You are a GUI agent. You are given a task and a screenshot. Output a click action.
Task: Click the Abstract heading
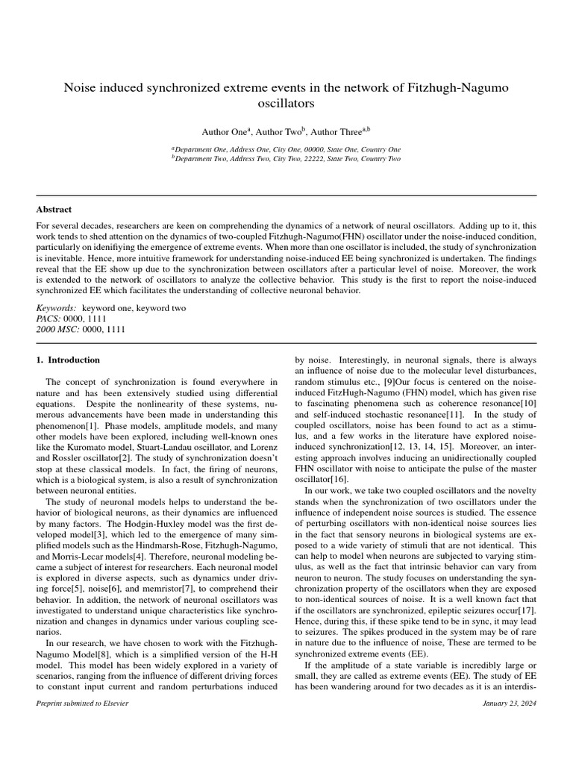pos(54,210)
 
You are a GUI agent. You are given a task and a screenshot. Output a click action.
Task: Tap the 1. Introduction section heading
pos(68,360)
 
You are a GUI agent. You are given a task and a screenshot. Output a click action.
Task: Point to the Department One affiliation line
pos(286,149)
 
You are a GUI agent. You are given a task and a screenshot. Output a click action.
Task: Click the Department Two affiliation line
pos(286,159)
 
